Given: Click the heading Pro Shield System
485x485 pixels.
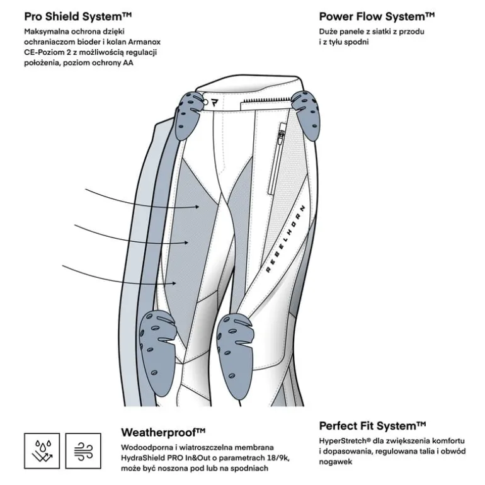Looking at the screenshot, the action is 78,16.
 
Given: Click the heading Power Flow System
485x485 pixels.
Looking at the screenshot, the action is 377,16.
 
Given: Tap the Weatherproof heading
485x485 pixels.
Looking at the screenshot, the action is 163,432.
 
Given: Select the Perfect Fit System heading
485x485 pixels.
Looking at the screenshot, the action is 372,426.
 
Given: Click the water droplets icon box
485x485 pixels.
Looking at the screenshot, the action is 42,450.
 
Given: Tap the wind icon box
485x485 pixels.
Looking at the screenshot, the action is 83,450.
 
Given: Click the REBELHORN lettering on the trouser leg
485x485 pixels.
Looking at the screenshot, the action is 285,239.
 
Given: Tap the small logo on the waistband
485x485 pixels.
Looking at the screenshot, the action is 214,103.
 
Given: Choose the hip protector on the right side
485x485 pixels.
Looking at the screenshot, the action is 306,115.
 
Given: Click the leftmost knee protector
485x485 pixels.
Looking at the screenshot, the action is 157,353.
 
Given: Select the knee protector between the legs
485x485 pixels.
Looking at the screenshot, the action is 235,356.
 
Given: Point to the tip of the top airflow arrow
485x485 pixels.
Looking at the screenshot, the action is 199,207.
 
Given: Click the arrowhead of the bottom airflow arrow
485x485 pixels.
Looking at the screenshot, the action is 176,283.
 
